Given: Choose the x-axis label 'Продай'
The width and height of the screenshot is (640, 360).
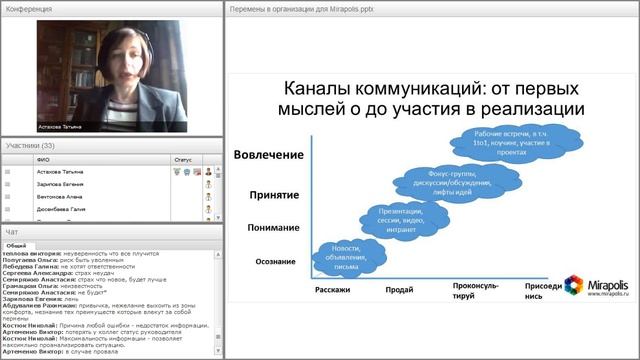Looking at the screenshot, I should [400, 291].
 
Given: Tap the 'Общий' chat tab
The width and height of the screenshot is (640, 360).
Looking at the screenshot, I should [17, 243].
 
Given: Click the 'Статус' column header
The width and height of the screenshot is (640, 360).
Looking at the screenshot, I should [183, 158].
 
